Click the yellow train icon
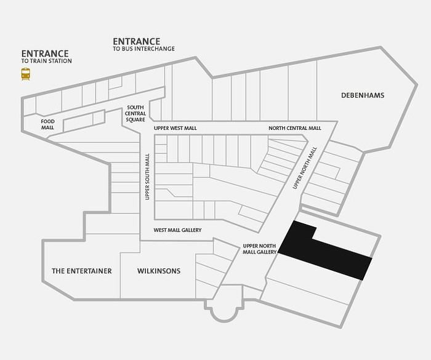click(x=26, y=74)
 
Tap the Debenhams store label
click(x=363, y=95)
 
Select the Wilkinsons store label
click(x=159, y=271)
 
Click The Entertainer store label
click(x=82, y=271)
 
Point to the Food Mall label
click(x=48, y=124)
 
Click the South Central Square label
click(x=135, y=113)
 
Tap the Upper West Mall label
click(x=175, y=129)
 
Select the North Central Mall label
click(x=295, y=128)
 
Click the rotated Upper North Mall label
click(x=305, y=168)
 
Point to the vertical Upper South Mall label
click(x=147, y=177)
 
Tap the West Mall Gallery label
click(x=177, y=230)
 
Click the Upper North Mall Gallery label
click(x=259, y=249)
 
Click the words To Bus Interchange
click(x=143, y=49)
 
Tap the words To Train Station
click(x=46, y=61)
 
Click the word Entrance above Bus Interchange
click(x=136, y=41)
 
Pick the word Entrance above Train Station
click(x=45, y=54)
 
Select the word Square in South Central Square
click(x=135, y=119)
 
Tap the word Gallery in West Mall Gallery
click(x=191, y=230)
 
